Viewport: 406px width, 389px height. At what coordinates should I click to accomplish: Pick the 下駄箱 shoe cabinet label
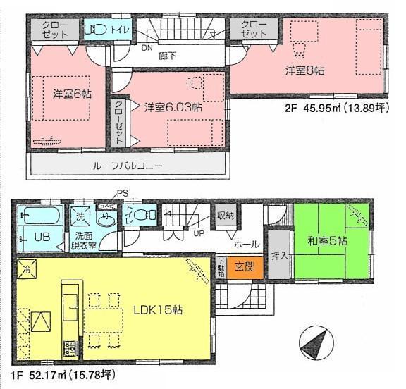click(221, 268)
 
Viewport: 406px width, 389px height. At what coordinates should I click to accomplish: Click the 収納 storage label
click(226, 216)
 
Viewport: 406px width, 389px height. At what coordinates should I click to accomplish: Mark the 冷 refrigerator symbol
click(27, 268)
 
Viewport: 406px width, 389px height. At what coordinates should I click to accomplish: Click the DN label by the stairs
click(147, 48)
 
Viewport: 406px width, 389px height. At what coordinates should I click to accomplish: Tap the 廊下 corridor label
click(168, 54)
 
